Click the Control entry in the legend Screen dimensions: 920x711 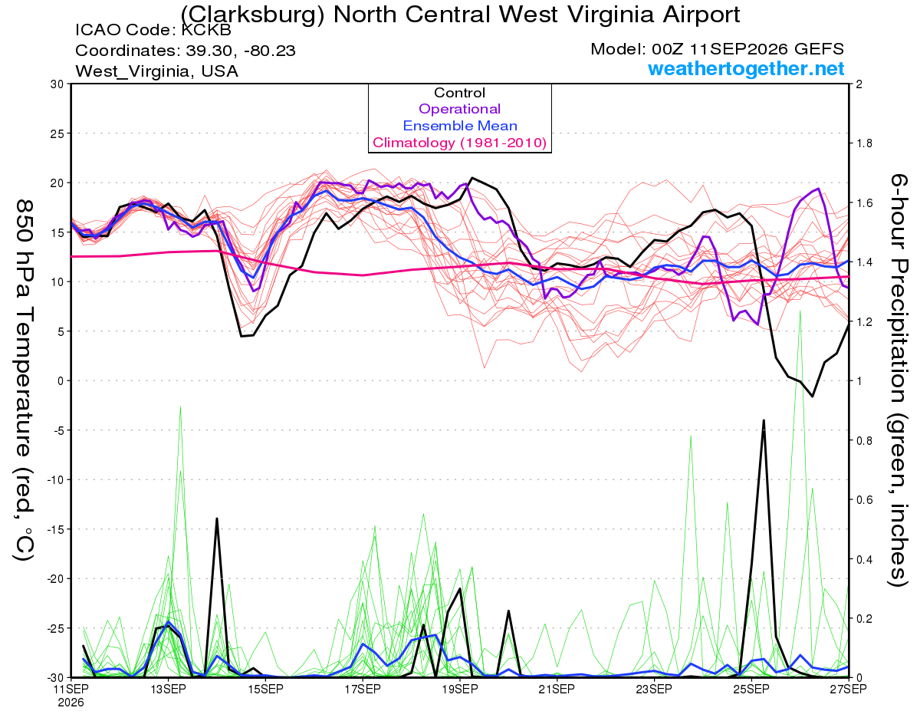click(459, 93)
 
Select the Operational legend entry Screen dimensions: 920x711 click(459, 109)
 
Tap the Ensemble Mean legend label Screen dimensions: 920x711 click(460, 126)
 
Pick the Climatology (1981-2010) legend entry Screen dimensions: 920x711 click(459, 143)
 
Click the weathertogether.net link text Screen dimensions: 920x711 click(746, 69)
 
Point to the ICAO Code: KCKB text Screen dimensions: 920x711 click(153, 30)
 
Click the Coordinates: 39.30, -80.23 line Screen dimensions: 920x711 click(186, 51)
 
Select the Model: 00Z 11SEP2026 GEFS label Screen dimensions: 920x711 click(717, 49)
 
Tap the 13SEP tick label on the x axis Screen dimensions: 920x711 click(168, 689)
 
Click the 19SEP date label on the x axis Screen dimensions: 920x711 click(460, 689)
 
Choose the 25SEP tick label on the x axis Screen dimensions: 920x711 click(751, 689)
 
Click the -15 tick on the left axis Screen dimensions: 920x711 click(54, 529)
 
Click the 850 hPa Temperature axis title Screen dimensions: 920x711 click(24, 380)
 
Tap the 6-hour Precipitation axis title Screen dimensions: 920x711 click(899, 380)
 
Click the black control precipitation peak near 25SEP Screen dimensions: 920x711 click(764, 420)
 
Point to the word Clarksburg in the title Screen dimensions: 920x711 click(253, 15)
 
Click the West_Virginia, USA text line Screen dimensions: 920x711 click(156, 71)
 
